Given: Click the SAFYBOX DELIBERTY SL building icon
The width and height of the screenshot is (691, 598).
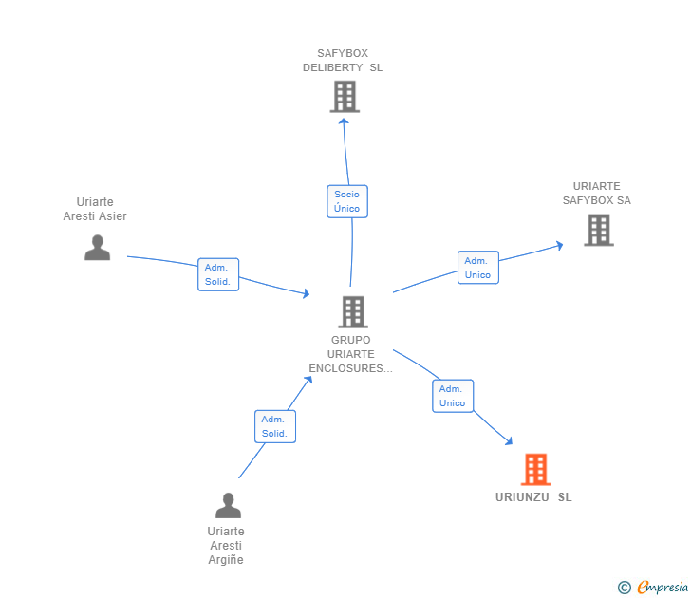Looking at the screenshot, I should point(345,96).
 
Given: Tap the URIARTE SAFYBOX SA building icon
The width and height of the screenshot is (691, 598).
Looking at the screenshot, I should point(598,230).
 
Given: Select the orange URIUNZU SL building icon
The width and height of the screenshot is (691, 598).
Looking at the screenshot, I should point(535,469).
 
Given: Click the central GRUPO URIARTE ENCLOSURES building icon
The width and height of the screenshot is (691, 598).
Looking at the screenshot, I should point(352,311).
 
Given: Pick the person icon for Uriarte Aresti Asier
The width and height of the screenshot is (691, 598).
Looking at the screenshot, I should point(97,247).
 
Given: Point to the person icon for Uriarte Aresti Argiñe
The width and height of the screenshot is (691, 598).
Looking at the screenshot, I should point(228,505).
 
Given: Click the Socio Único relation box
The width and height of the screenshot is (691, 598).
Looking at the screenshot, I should point(346,201).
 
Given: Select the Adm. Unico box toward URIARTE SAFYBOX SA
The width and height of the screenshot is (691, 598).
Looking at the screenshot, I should point(477,268).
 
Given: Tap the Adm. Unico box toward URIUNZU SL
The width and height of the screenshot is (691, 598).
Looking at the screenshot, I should point(452,396).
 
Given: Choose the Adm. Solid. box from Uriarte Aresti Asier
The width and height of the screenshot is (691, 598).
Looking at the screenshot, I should point(217,274).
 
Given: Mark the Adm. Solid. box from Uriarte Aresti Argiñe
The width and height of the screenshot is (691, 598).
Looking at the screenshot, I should point(274,426).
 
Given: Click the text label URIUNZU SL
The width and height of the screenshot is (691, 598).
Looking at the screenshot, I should point(533,497).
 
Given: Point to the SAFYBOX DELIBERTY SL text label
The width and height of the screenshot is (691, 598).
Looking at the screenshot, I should point(343,61).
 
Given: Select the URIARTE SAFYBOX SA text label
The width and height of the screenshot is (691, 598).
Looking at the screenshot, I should point(596,194).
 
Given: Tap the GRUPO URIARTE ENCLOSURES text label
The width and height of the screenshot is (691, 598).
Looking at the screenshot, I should point(350,354).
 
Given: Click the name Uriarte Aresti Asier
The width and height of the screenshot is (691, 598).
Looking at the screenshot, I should point(95,209).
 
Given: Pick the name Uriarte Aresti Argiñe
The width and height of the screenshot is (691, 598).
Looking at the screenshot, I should point(226,545).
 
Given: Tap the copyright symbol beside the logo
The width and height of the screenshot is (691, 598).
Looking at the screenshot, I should point(624,588).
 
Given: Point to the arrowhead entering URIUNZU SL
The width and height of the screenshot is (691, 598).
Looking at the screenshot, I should point(509,440).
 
